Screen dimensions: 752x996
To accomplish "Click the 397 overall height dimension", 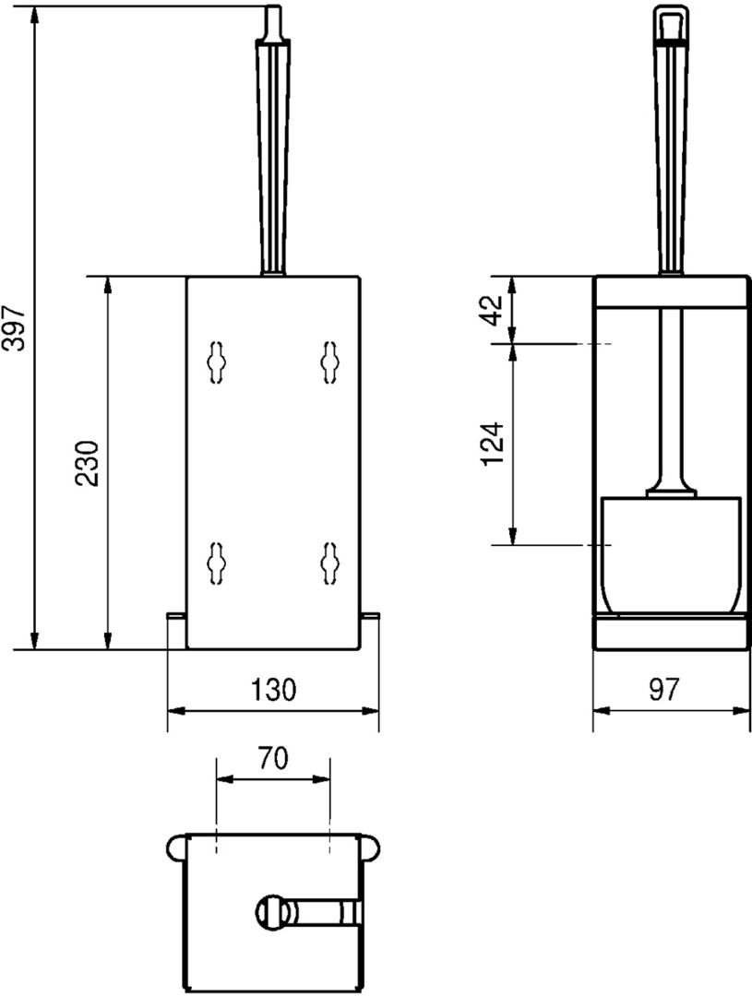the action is point(14,327).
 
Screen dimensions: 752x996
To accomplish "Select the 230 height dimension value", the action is point(87,463).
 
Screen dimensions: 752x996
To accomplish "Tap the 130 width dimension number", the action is point(274,689).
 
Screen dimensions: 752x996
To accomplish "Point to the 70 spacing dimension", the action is point(273,757).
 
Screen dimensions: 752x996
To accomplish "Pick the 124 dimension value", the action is point(492,444).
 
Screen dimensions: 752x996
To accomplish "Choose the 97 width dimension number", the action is point(664,689).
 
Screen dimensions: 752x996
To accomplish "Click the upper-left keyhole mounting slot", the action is point(216,362).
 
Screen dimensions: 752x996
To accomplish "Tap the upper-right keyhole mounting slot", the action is point(330,362).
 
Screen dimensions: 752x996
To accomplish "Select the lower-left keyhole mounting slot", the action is point(216,563).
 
